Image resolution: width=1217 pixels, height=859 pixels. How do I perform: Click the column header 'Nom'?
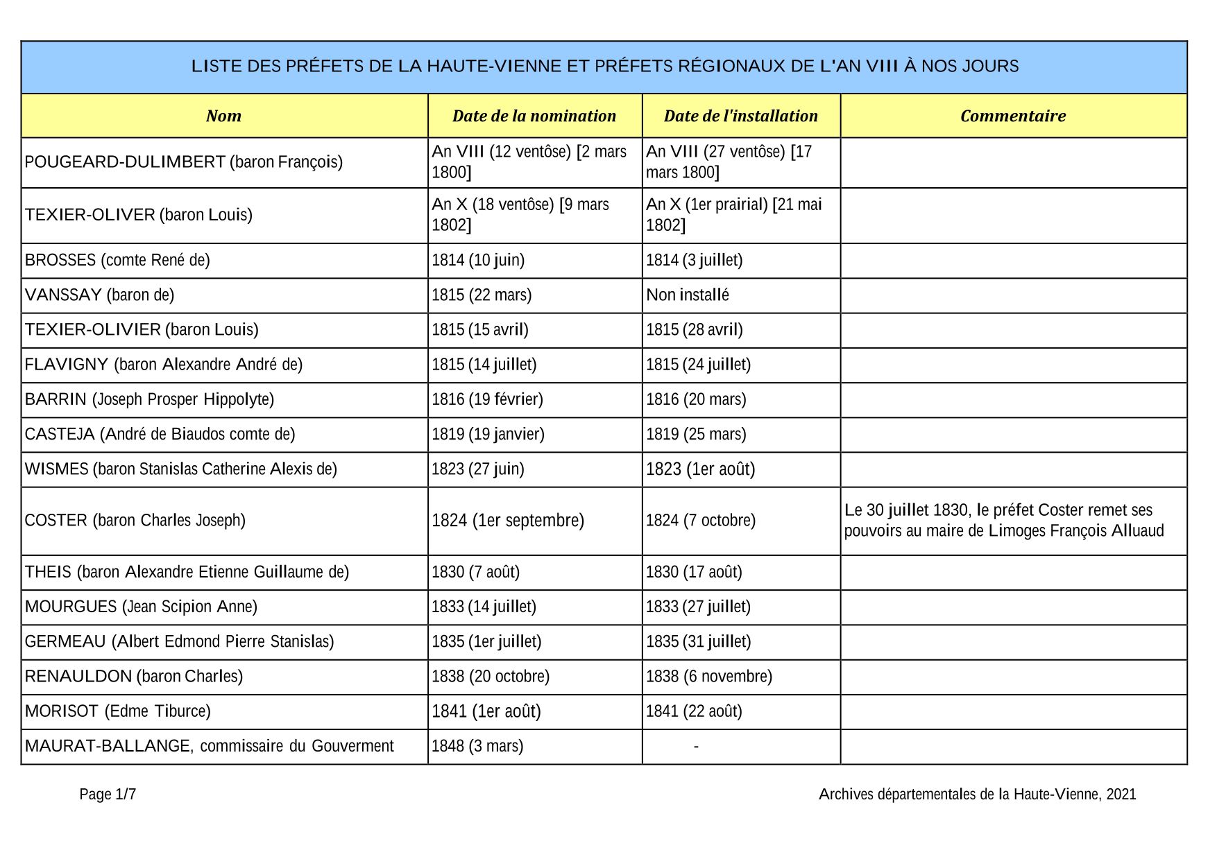(223, 116)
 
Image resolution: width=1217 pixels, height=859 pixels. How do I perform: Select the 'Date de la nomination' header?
(534, 116)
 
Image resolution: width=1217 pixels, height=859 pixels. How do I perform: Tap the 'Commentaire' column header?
(1013, 116)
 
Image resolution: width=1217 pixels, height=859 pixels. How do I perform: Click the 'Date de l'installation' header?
(740, 116)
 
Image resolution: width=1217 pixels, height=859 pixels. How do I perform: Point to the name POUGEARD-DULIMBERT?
(125, 162)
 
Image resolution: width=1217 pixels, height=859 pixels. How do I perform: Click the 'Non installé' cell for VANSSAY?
(688, 295)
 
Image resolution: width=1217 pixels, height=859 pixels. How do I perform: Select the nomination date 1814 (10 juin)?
(478, 261)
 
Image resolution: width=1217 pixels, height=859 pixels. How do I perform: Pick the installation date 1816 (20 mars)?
(696, 399)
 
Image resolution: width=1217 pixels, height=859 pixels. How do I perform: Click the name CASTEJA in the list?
(60, 435)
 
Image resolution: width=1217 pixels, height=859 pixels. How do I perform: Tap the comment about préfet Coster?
(1003, 521)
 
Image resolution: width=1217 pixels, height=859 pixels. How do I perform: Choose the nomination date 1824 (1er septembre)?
(508, 521)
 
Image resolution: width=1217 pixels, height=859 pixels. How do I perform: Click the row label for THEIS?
(48, 573)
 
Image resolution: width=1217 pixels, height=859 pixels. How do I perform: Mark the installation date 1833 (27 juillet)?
(698, 607)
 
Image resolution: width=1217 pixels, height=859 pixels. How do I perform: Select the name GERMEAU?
(65, 642)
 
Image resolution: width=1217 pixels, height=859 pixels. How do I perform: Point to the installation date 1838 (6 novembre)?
(709, 677)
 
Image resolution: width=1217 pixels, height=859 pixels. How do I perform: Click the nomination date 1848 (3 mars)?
(477, 747)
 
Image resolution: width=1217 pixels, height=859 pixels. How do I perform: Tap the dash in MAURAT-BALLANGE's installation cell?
(696, 747)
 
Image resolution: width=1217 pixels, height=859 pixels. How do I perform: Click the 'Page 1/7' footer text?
(108, 795)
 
